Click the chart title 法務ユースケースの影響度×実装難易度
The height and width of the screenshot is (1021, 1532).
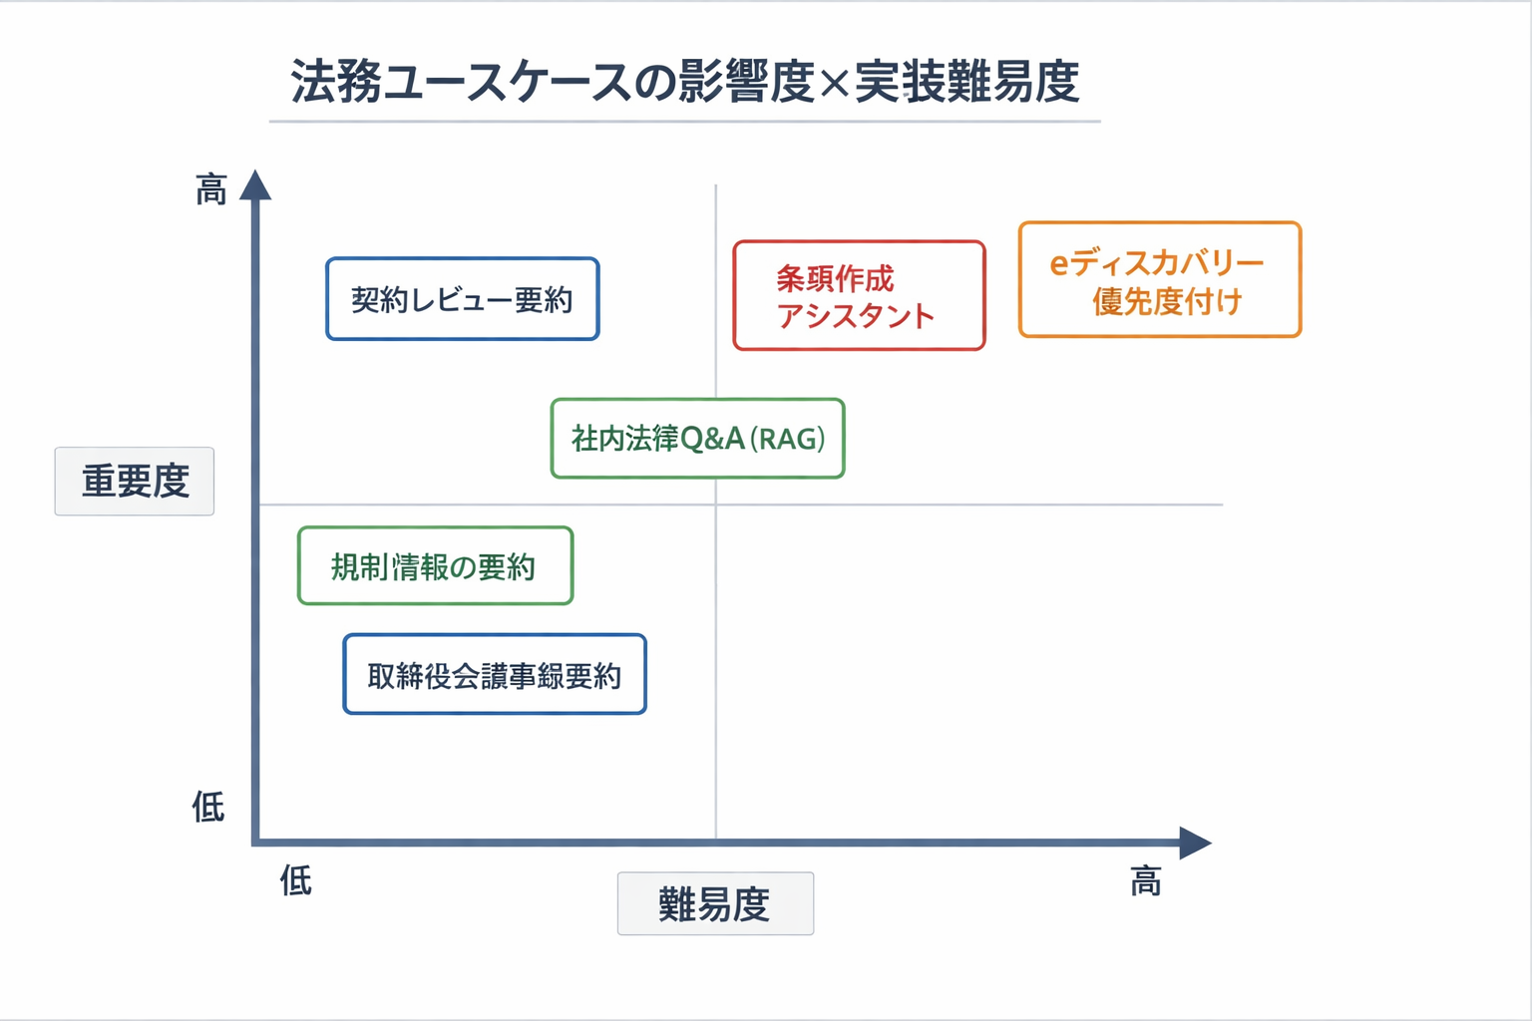(x=684, y=82)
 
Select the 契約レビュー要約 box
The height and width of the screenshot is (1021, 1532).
(x=462, y=299)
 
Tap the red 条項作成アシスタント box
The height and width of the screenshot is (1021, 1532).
(x=859, y=296)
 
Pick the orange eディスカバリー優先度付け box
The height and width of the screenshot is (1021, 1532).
(x=1159, y=280)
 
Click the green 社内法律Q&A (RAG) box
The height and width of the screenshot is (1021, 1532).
(x=697, y=439)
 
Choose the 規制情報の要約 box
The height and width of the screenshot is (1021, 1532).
(x=435, y=566)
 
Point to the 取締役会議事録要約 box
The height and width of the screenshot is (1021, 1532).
(x=495, y=675)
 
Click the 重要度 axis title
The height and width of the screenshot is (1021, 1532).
(x=135, y=482)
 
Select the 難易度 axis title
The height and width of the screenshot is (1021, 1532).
(x=715, y=904)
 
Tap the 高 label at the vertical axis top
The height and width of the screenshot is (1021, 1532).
(x=211, y=188)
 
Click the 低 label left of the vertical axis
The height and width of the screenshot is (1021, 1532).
(x=208, y=807)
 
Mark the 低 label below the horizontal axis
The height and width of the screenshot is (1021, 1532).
(x=296, y=880)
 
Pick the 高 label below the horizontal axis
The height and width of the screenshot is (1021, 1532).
(x=1146, y=881)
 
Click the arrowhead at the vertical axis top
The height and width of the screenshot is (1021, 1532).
(x=255, y=185)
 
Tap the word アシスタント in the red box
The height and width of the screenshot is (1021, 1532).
(x=856, y=316)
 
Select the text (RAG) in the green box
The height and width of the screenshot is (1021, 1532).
(x=788, y=439)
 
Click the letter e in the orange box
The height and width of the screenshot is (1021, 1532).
(x=1059, y=264)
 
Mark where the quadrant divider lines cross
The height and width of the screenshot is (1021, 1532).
(x=716, y=505)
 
